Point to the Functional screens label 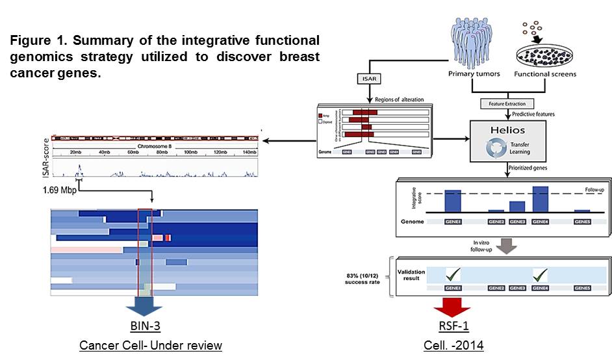(546, 75)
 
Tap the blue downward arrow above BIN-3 (150, 305)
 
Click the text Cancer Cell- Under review (150, 346)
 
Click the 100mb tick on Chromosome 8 (190, 153)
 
